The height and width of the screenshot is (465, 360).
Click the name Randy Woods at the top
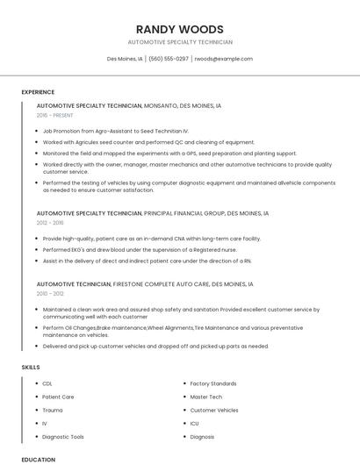click(179, 29)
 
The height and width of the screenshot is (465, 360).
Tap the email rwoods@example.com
click(223, 59)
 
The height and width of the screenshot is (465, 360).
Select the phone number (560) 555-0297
click(169, 59)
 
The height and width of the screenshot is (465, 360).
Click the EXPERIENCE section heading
click(38, 91)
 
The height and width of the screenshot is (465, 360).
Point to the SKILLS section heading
click(31, 367)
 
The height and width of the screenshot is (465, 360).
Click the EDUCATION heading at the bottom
click(38, 459)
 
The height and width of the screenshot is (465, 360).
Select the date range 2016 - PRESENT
click(55, 115)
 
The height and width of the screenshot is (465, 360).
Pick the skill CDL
click(47, 383)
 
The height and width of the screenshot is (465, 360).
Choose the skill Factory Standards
click(213, 383)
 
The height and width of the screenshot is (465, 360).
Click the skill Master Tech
click(206, 397)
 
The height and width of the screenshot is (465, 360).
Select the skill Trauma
click(53, 410)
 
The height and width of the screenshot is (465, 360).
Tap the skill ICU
click(195, 423)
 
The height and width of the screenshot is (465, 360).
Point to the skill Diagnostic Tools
click(63, 436)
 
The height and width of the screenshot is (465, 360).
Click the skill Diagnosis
click(202, 436)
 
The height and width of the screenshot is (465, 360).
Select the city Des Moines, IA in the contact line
click(125, 59)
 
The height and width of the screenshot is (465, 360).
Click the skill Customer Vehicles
click(214, 410)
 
